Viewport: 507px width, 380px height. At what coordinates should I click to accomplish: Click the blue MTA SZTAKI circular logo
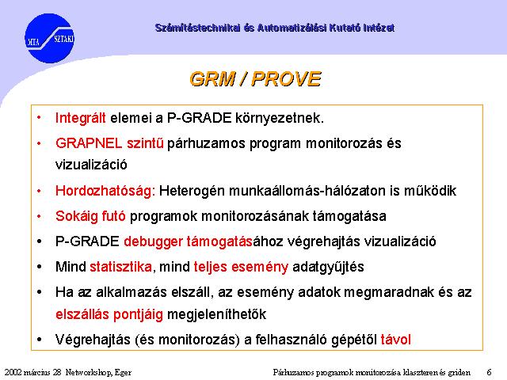click(x=49, y=38)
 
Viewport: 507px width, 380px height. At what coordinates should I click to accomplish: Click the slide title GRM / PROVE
click(x=255, y=79)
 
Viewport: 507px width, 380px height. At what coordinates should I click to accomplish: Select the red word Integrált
click(x=81, y=118)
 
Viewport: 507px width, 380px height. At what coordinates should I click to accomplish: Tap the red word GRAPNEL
click(x=89, y=143)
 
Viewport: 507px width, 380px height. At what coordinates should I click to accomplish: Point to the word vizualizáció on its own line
click(x=91, y=165)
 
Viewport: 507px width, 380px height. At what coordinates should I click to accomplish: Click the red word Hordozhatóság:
click(x=105, y=191)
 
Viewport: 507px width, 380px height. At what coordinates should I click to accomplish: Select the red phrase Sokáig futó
click(x=90, y=216)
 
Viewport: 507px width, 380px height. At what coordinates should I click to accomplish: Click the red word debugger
click(x=153, y=241)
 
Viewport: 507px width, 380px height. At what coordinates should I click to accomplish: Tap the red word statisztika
click(x=120, y=267)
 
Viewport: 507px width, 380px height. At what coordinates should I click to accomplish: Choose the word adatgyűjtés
click(x=328, y=268)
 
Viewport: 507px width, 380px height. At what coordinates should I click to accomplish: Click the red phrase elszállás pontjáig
click(x=109, y=314)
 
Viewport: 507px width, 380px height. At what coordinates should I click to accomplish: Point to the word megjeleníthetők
click(x=216, y=314)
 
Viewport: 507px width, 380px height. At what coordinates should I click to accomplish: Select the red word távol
click(x=396, y=340)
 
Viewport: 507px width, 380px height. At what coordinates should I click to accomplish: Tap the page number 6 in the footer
click(x=489, y=372)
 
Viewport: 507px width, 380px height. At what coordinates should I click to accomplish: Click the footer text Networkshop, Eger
click(x=98, y=373)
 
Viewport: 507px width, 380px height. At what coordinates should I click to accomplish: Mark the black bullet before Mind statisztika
click(x=40, y=268)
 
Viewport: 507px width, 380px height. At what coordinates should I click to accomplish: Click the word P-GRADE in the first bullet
click(x=199, y=118)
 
